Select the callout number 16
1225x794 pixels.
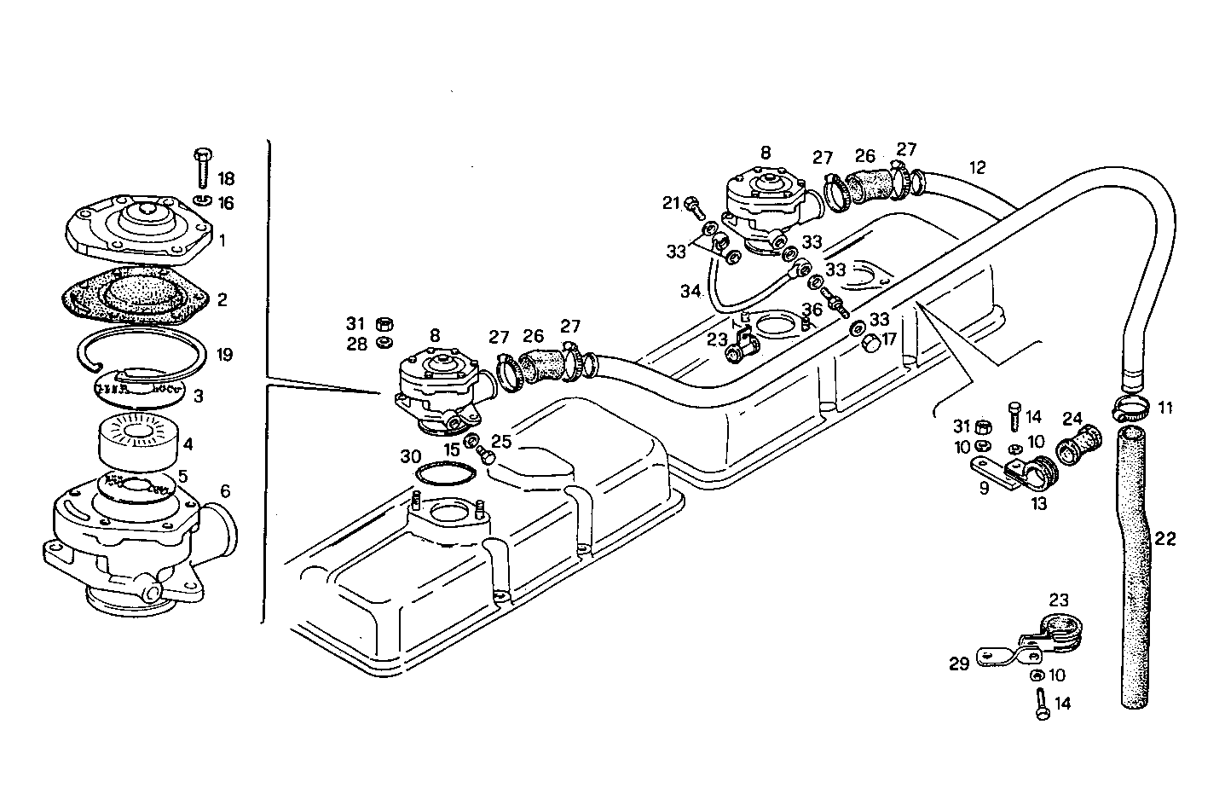(225, 203)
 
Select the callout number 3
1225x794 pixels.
(199, 397)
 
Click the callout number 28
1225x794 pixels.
(355, 344)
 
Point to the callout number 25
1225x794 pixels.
(501, 441)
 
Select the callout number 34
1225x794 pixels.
(690, 292)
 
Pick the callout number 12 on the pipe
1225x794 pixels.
(977, 167)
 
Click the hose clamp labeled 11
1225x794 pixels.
(1130, 408)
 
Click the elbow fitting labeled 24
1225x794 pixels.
(1074, 446)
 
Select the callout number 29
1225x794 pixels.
(959, 664)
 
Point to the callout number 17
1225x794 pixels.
(889, 339)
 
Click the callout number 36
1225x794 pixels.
(812, 309)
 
